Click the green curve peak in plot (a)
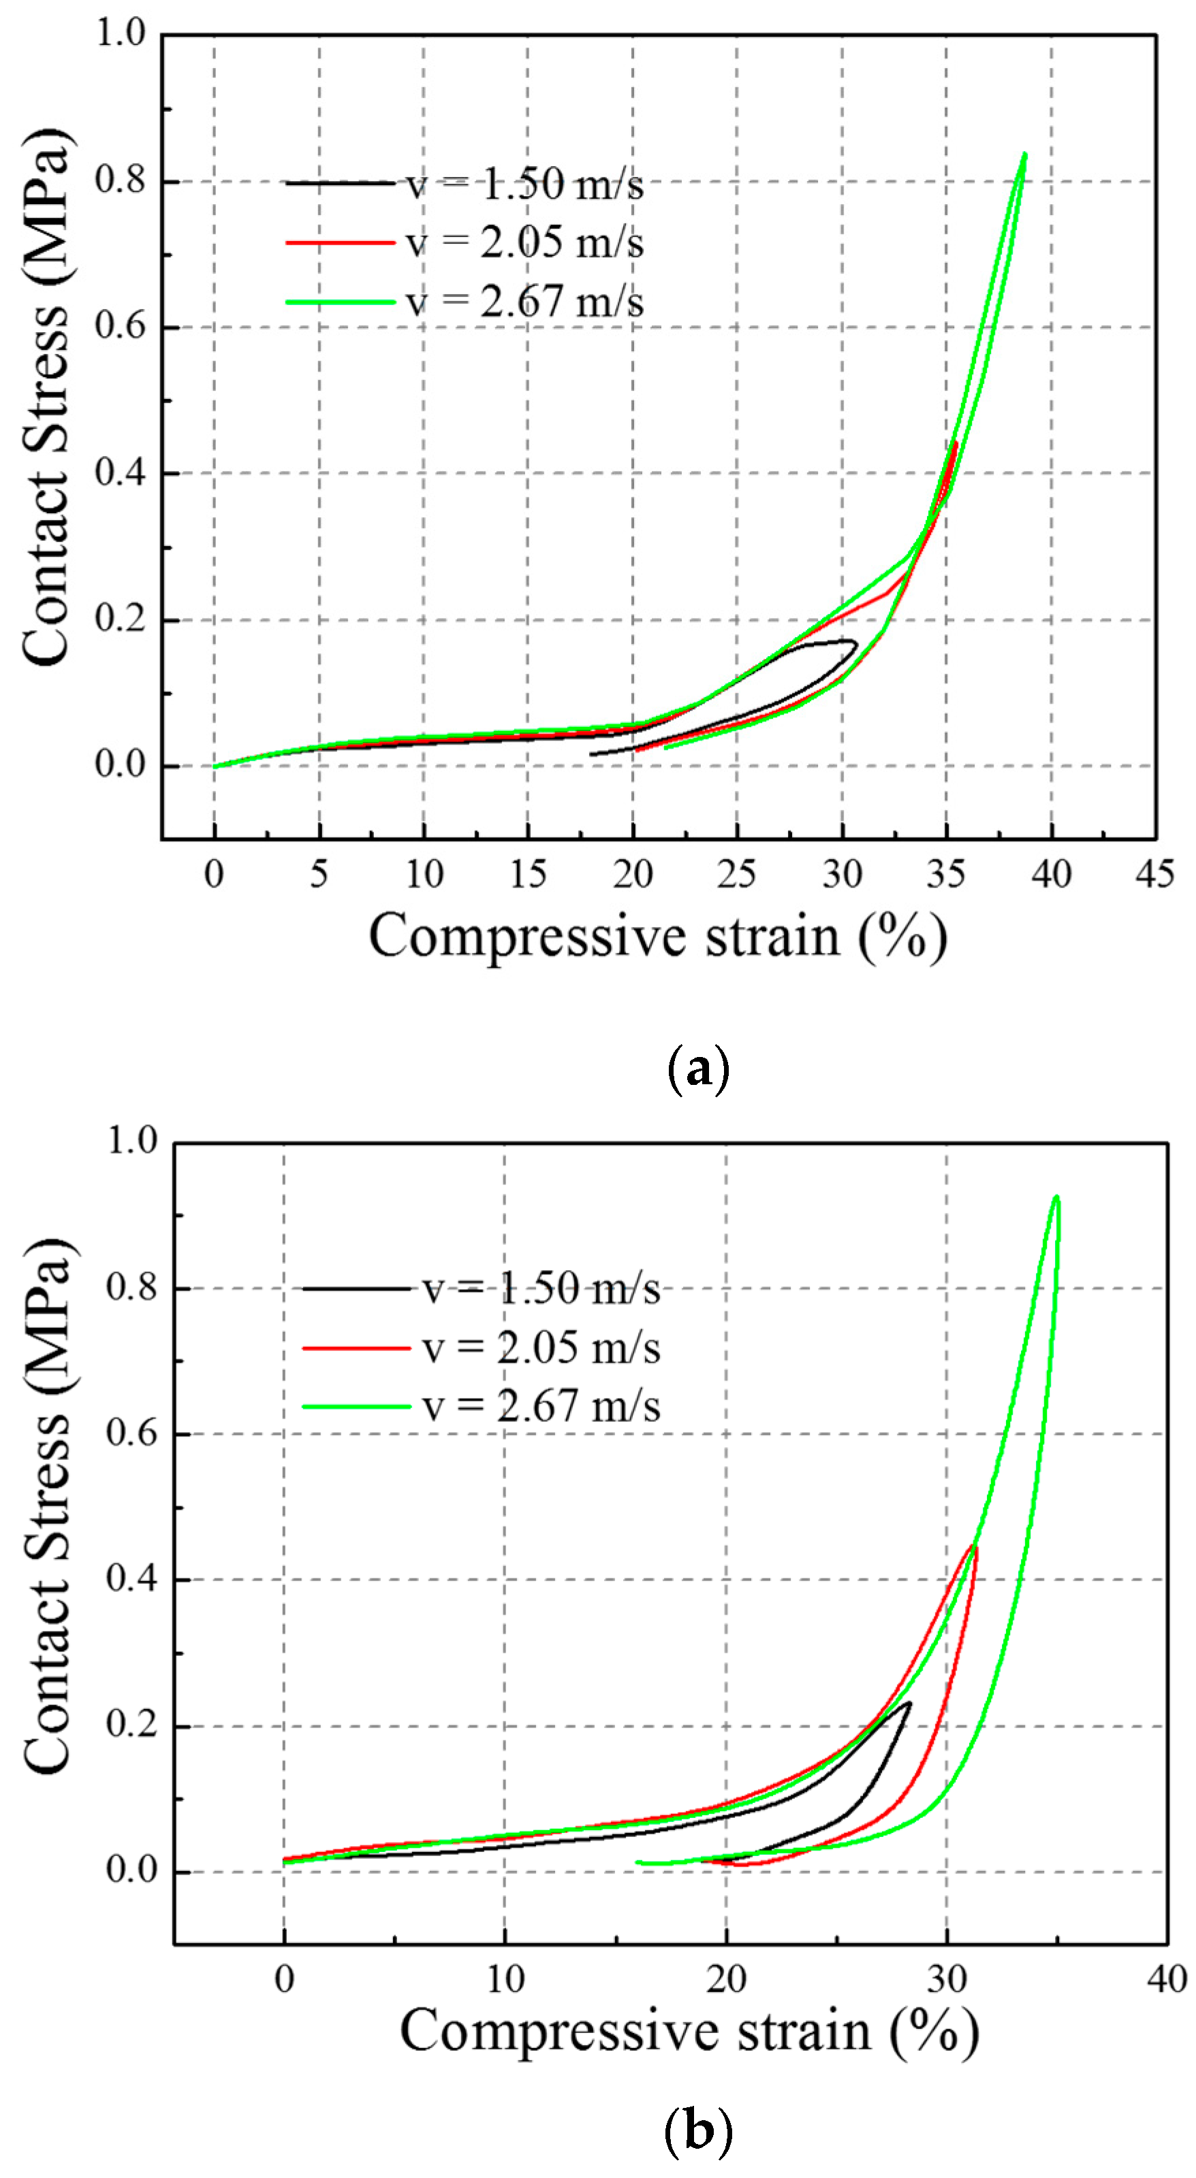click(1024, 155)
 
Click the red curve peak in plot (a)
click(956, 442)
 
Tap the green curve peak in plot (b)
click(1056, 1197)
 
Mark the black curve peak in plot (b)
click(909, 1703)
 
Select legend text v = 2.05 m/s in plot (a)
click(524, 243)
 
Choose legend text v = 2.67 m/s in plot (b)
click(541, 1407)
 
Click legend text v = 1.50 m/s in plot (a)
click(524, 184)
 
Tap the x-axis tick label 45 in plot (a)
click(1155, 873)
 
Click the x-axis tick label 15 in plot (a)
click(528, 873)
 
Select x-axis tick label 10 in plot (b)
click(505, 1979)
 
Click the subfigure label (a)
click(698, 1069)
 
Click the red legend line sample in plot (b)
click(356, 1348)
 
